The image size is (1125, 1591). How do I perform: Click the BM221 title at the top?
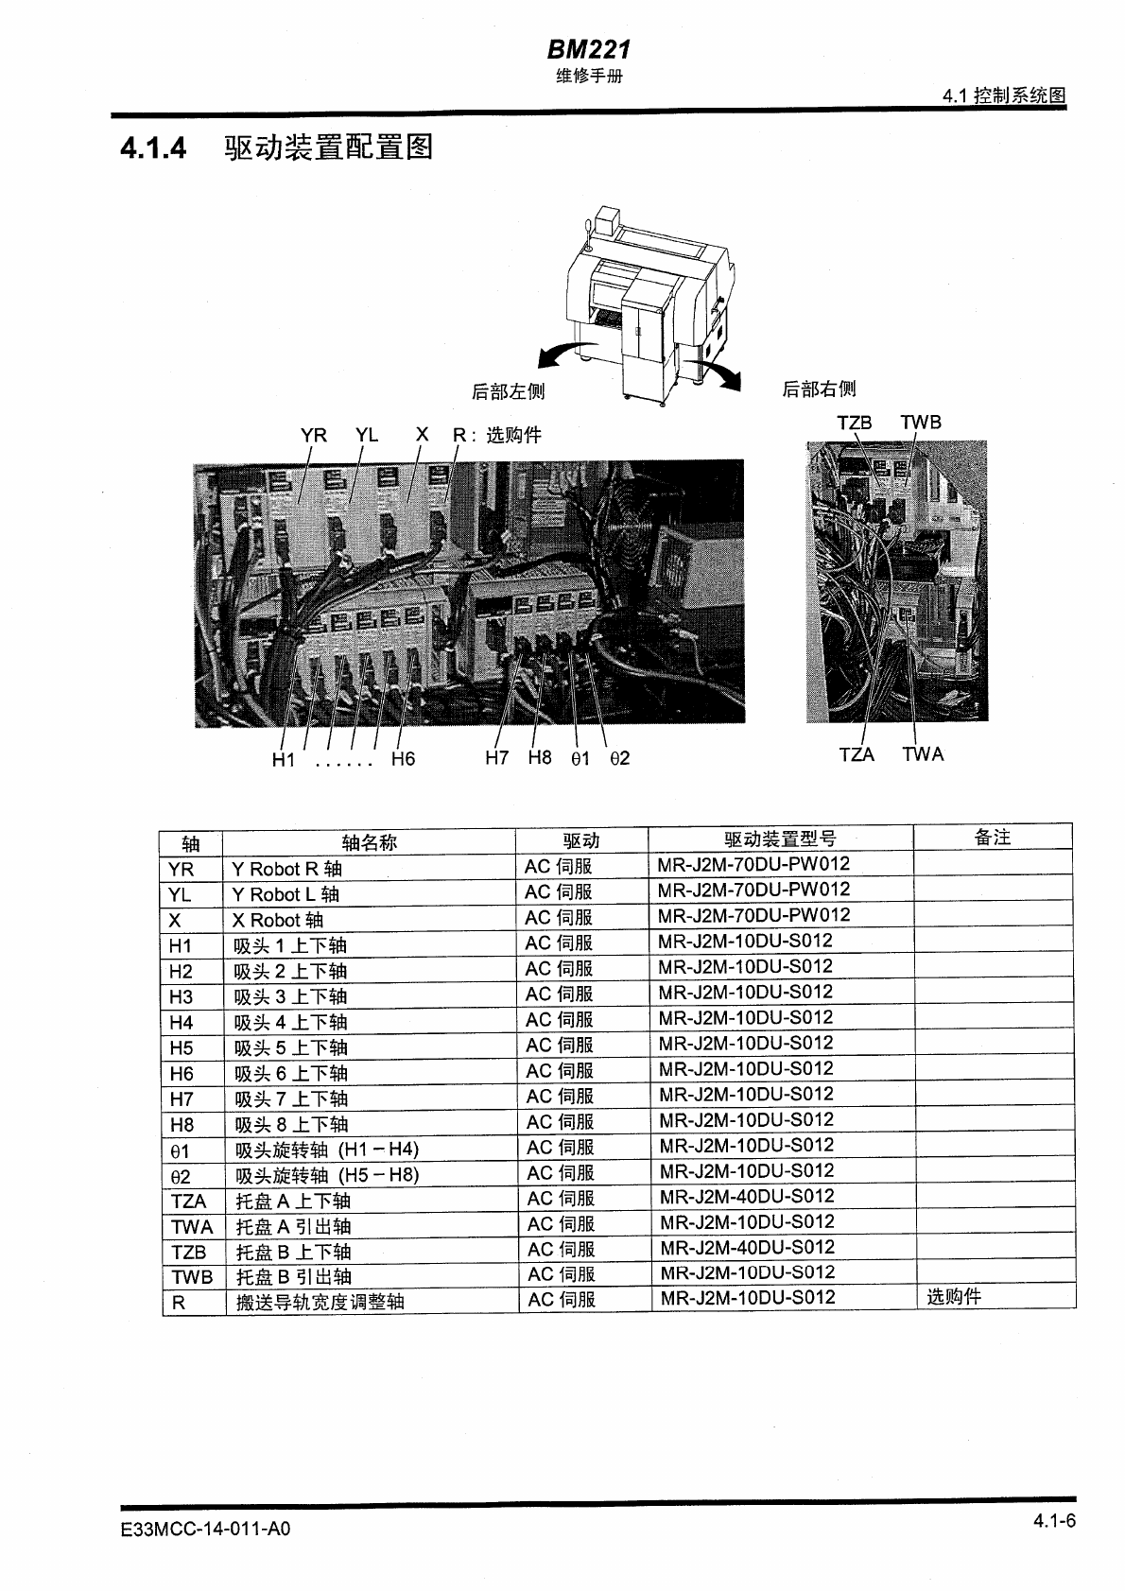[x=588, y=49]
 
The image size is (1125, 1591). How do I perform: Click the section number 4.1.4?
[x=153, y=148]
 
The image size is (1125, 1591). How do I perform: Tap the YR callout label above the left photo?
[x=314, y=435]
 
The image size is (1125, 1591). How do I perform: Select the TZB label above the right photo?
[x=854, y=423]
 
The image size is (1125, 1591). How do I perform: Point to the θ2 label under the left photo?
[x=619, y=758]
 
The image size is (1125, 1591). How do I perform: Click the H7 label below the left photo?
[x=497, y=757]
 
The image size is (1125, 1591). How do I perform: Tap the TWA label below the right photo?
[x=922, y=754]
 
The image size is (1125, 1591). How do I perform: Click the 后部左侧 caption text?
[x=508, y=391]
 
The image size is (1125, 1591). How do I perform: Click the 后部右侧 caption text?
[x=819, y=389]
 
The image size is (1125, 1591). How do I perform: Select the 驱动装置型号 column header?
[x=780, y=839]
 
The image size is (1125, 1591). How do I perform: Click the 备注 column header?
[x=993, y=837]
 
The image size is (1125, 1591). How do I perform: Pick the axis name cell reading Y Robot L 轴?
[x=286, y=894]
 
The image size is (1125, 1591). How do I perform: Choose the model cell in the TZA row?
[x=746, y=1196]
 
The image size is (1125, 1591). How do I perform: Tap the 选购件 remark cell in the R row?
[x=954, y=1297]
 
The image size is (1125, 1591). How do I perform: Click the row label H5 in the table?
[x=181, y=1048]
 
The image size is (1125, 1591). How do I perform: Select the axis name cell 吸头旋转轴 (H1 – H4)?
[x=326, y=1150]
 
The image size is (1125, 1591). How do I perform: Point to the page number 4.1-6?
[x=1053, y=1521]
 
